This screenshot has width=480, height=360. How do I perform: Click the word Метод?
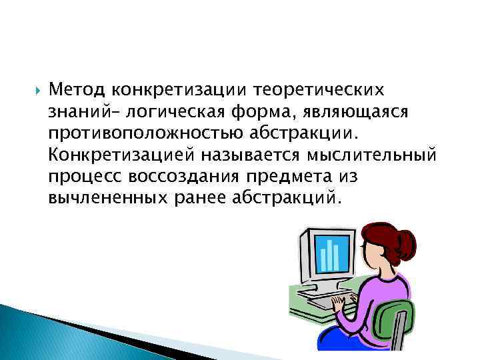click(79, 89)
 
